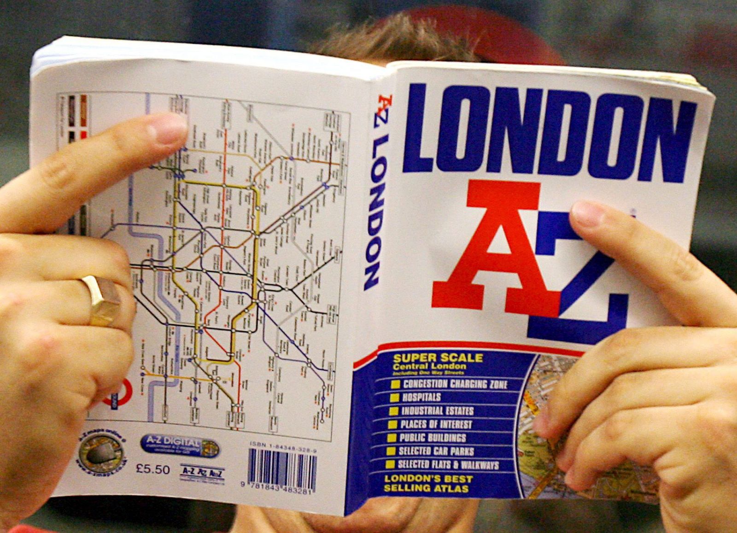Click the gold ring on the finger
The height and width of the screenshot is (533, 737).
[102, 301]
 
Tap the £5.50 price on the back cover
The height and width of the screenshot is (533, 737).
[153, 469]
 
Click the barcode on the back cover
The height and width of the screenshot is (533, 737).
[282, 469]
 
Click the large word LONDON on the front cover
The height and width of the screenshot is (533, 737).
[548, 131]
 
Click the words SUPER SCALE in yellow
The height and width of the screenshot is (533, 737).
[438, 358]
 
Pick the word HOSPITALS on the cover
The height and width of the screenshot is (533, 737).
[421, 397]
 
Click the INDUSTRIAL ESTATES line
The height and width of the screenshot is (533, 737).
[438, 411]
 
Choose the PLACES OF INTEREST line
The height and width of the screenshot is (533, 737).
[436, 424]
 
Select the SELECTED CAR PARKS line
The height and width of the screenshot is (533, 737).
[436, 451]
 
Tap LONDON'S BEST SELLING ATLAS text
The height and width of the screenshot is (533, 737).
[428, 484]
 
